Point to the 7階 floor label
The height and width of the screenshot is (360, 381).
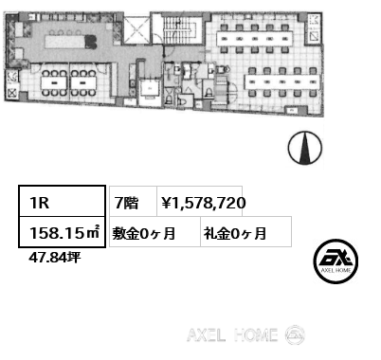point(126,202)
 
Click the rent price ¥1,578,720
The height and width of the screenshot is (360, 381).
point(204,202)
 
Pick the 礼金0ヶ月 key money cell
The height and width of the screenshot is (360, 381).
point(233,231)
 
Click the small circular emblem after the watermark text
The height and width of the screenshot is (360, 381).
point(295,334)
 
